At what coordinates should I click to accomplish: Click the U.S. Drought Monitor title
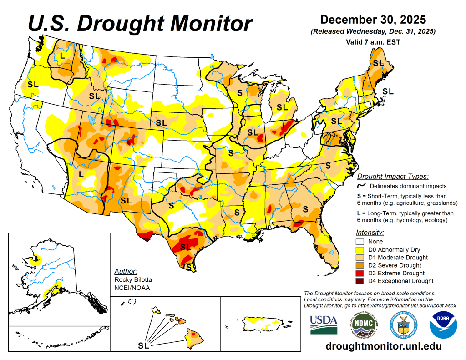(x=140, y=23)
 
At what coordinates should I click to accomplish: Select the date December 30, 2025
(x=373, y=20)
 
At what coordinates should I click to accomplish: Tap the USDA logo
(x=324, y=325)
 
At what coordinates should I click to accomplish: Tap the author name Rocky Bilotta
(x=133, y=279)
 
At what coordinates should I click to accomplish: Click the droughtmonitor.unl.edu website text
(x=384, y=346)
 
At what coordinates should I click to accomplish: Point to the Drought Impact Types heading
(x=393, y=177)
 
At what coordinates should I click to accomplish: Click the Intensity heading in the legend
(x=370, y=233)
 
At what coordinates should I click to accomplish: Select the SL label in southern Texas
(x=185, y=247)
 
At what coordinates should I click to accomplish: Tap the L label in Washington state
(x=62, y=56)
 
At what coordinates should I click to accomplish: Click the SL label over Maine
(x=378, y=63)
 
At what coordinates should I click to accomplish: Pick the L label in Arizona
(x=81, y=174)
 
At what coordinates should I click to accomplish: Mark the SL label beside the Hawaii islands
(x=143, y=346)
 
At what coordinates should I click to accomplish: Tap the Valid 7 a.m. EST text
(x=373, y=41)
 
